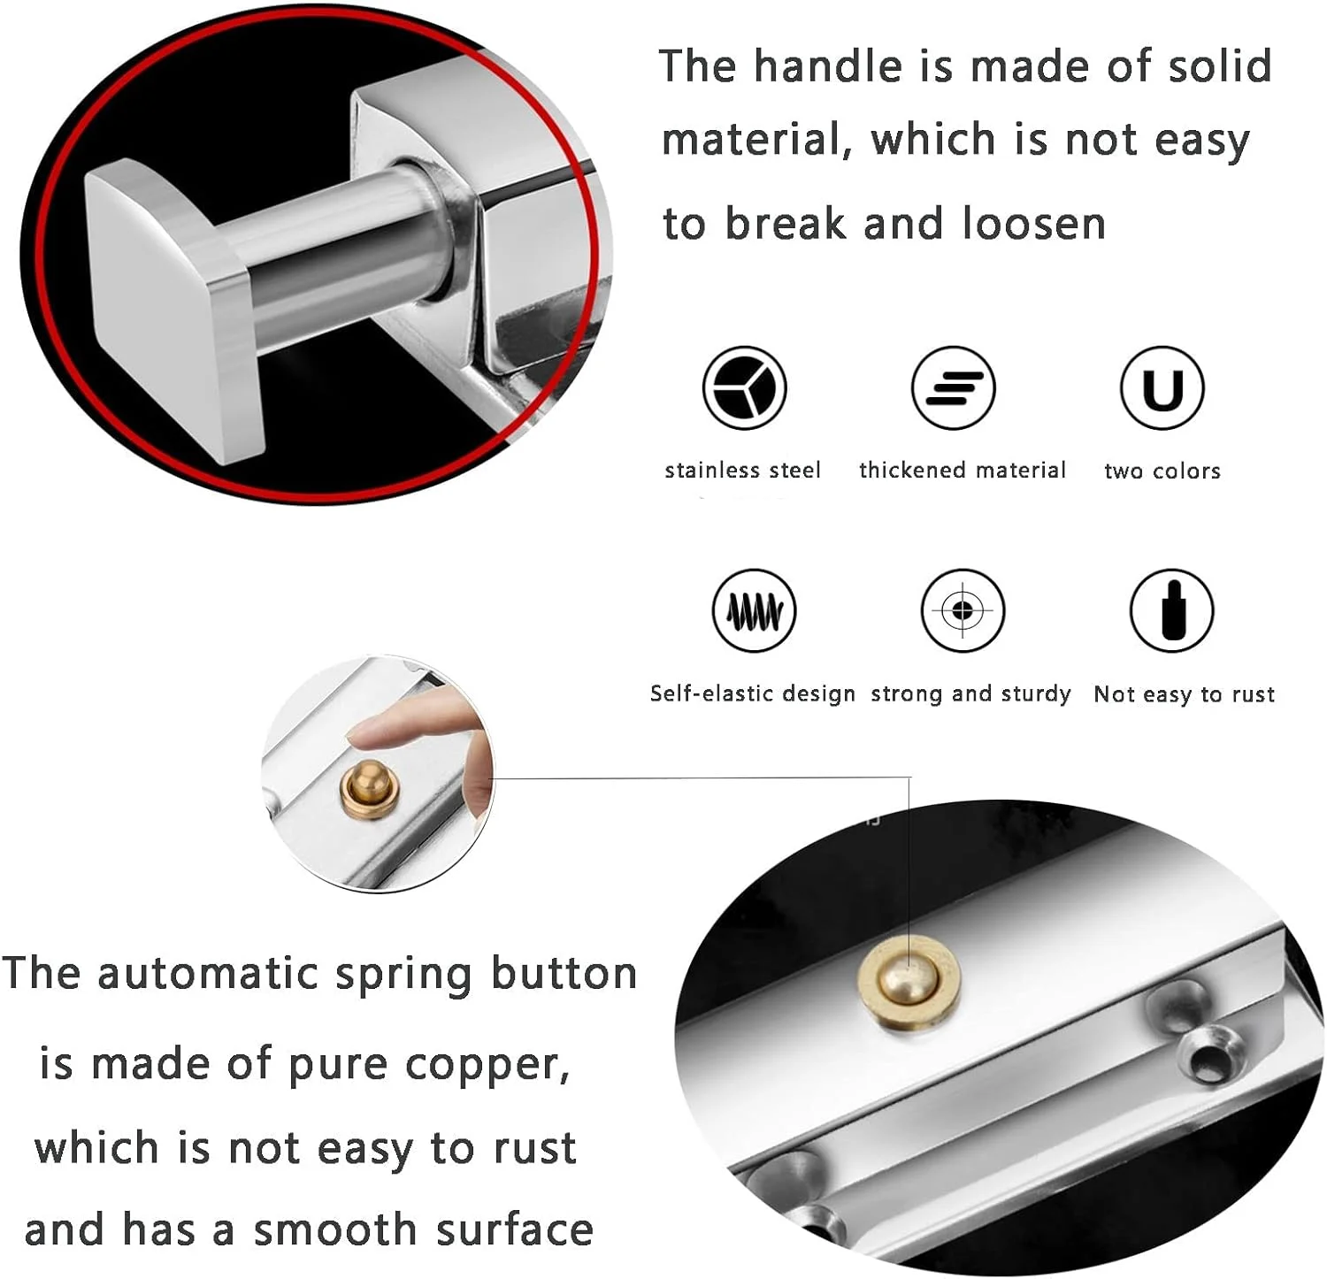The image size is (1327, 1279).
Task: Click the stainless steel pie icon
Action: tap(744, 387)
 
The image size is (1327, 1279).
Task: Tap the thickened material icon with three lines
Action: tap(953, 387)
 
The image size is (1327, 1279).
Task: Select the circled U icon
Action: tap(1162, 387)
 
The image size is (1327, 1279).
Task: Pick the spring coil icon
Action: tap(754, 610)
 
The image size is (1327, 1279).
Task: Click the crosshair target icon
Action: tap(963, 610)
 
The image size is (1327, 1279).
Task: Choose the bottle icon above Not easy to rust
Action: tap(1171, 610)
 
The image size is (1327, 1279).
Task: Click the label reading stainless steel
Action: tap(743, 470)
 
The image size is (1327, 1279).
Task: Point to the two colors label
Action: tap(1162, 471)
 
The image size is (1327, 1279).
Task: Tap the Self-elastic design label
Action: tap(753, 693)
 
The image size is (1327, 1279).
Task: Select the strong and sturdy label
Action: tap(970, 693)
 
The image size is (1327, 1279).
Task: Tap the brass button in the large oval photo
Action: tap(909, 982)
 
